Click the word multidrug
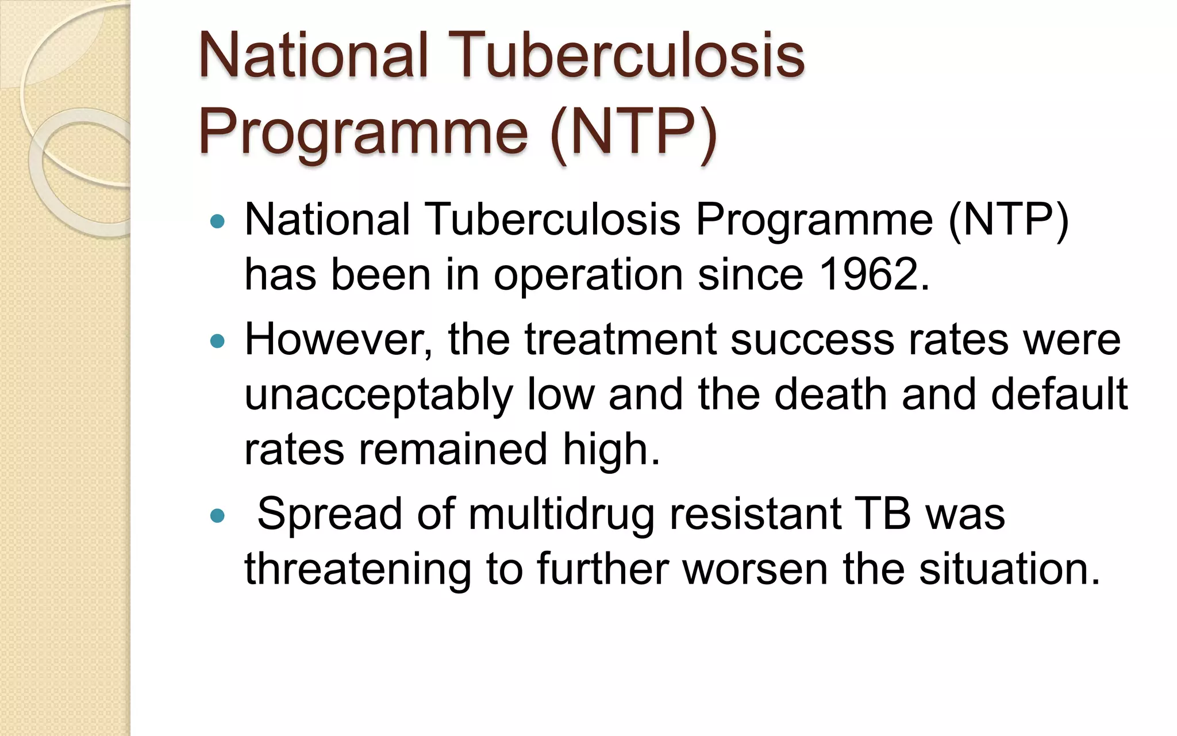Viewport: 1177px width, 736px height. (x=561, y=513)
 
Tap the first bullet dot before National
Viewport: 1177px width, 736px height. (x=217, y=221)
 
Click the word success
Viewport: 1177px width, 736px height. (x=812, y=339)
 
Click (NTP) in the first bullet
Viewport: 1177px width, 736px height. (x=1007, y=220)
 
